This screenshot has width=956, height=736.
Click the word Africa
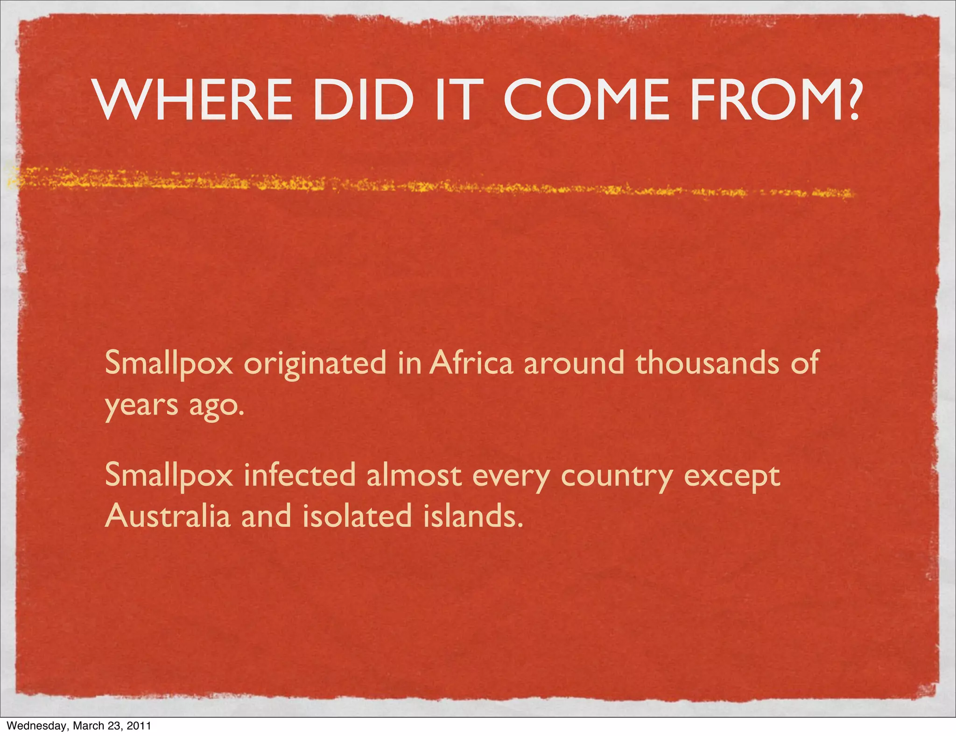471,363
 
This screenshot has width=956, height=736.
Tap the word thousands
707,363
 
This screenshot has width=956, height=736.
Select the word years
141,406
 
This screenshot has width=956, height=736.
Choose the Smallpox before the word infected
169,476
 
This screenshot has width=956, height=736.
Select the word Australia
168,516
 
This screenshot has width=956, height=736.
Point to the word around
574,363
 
